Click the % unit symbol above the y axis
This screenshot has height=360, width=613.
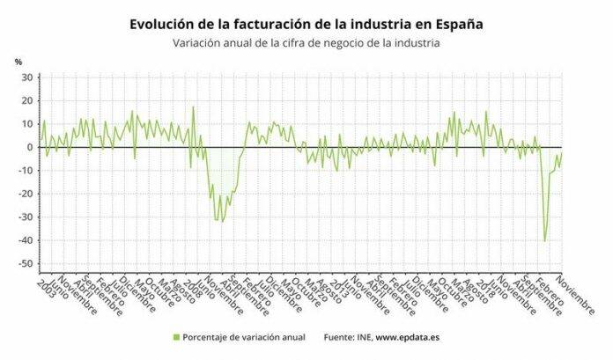(18, 62)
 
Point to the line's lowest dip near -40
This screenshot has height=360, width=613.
(545, 240)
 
